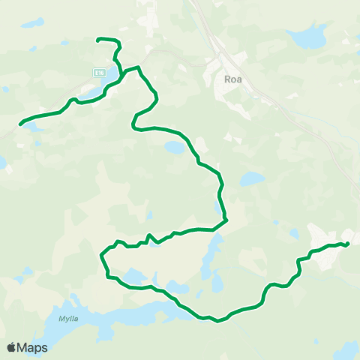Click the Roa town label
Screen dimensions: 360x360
click(231, 77)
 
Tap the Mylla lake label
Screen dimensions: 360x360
click(67, 319)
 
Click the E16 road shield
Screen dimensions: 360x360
click(98, 72)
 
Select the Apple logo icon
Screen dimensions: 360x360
click(12, 347)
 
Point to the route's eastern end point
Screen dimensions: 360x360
click(349, 242)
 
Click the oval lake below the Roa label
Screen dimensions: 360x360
click(252, 180)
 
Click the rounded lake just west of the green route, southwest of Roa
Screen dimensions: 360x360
click(175, 148)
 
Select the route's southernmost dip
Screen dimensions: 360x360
click(217, 321)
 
